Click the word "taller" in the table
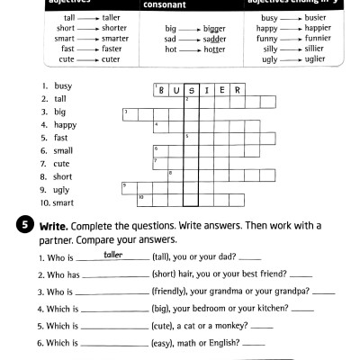(x=112, y=18)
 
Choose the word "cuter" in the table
(x=110, y=60)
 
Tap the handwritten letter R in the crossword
(x=237, y=91)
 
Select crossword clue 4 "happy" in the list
(x=65, y=125)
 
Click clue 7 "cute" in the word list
(x=62, y=164)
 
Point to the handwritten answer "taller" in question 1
(x=113, y=256)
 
